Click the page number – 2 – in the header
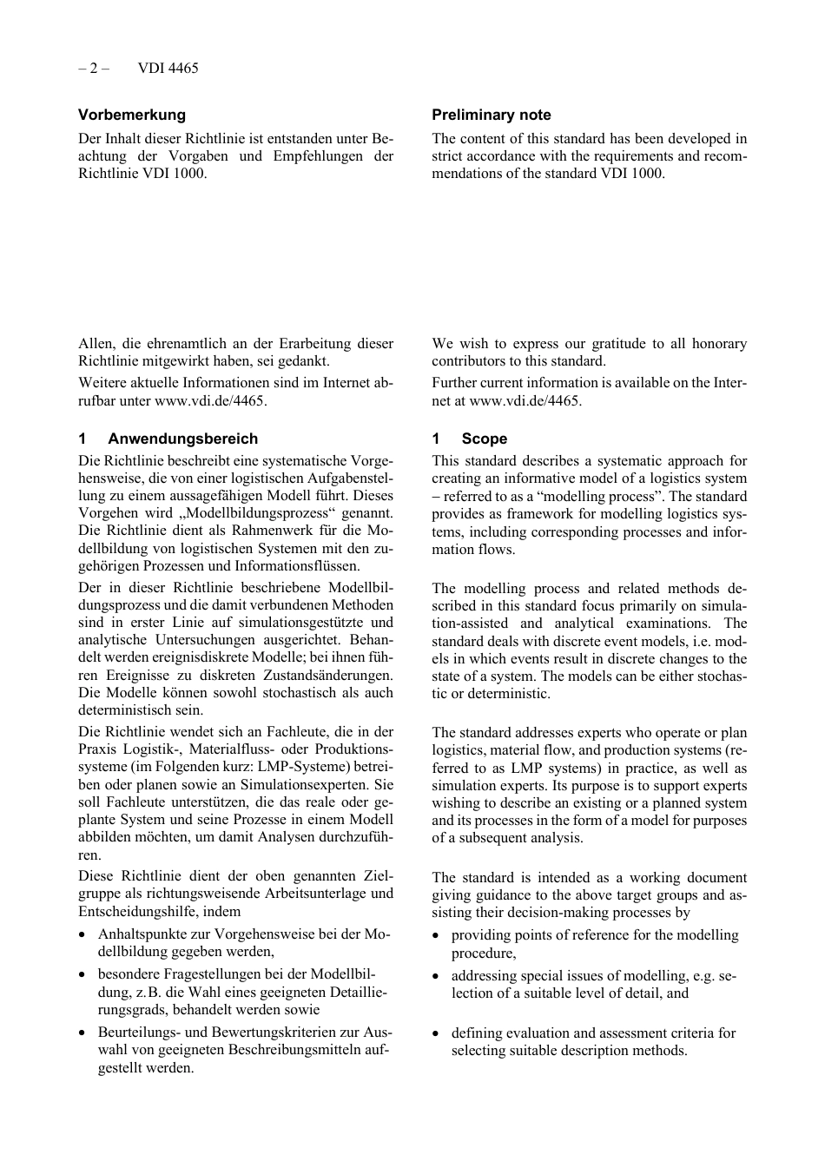point(93,68)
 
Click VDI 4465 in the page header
point(168,68)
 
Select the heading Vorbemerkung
point(131,115)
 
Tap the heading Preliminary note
point(491,115)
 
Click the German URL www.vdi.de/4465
point(209,400)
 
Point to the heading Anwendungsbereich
point(182,439)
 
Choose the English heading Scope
point(484,439)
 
